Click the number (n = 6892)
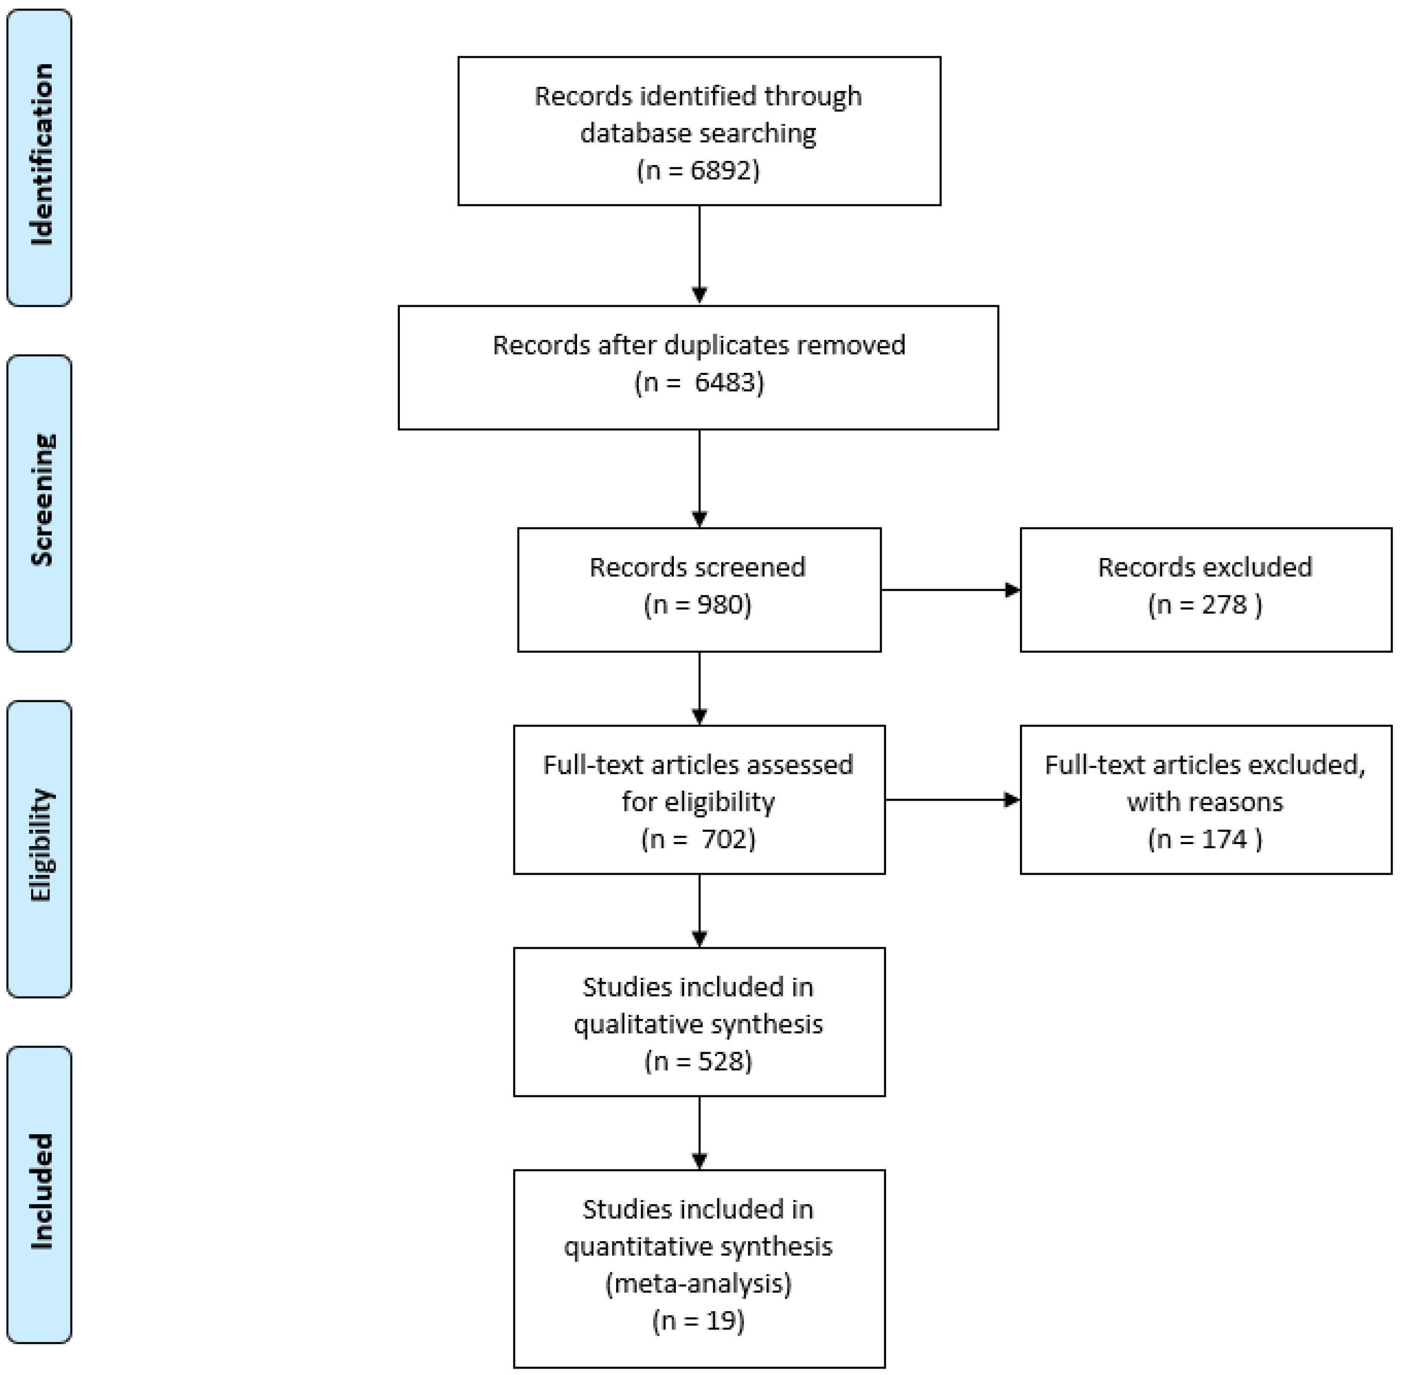tap(698, 170)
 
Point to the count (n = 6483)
tap(698, 382)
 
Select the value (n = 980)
tap(698, 605)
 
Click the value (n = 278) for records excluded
tap(1205, 605)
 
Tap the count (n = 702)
tap(698, 839)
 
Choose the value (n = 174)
tap(1205, 839)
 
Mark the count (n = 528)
tap(698, 1061)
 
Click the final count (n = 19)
tap(698, 1321)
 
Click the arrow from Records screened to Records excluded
tap(949, 590)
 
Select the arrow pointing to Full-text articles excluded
tap(951, 800)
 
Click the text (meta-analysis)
tap(698, 1283)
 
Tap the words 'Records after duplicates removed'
tap(698, 345)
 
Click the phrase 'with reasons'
tap(1205, 802)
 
